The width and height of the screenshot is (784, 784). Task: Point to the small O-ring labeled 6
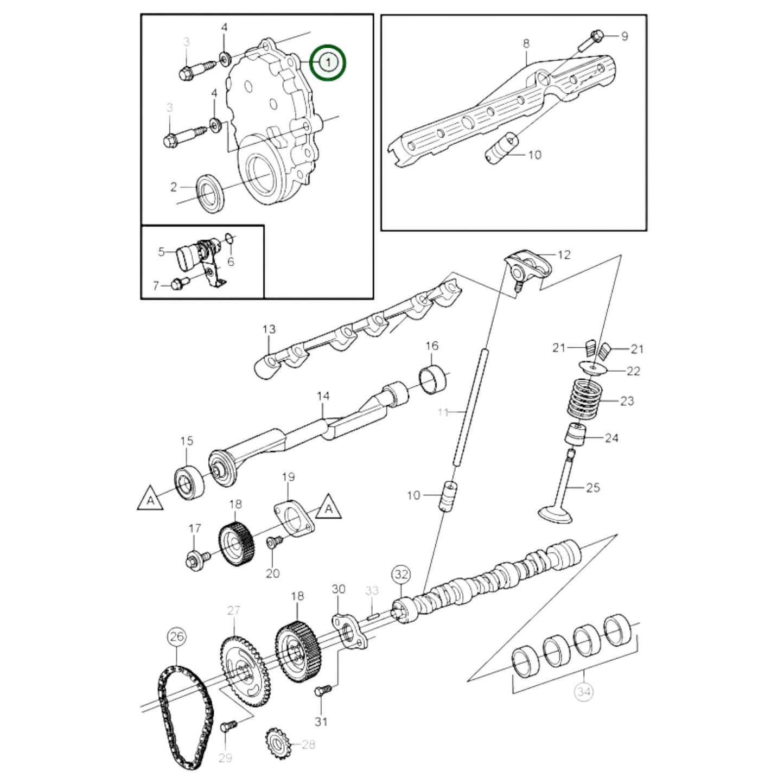229,238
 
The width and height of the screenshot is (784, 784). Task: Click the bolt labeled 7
179,283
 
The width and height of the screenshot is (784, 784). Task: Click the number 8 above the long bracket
525,43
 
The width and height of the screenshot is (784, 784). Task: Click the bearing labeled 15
189,482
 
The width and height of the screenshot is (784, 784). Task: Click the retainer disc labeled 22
592,367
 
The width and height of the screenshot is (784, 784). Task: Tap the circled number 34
583,692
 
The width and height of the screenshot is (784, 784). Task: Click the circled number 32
401,574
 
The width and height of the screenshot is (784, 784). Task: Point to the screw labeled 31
322,691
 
